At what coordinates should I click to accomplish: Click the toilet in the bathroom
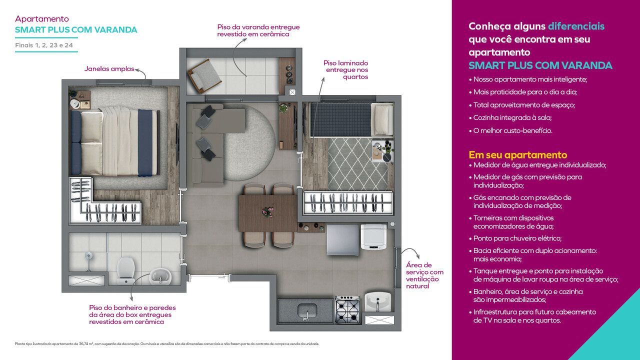pos(125,270)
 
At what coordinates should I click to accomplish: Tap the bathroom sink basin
pos(160,276)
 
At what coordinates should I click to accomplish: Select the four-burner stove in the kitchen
pos(347,309)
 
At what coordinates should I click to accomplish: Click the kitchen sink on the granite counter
pos(307,311)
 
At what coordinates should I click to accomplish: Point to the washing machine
pos(373,237)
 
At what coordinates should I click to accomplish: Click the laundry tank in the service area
pos(377,301)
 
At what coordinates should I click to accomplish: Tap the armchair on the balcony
pos(204,75)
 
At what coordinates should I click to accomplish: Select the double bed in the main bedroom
pos(115,141)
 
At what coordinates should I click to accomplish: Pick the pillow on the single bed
pos(383,119)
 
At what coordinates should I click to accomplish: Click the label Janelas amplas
pos(109,69)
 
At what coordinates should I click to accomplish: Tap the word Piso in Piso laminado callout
pos(329,63)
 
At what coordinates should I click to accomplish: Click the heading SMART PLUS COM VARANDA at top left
pos(76,29)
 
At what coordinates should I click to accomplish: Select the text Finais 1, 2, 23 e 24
pos(44,45)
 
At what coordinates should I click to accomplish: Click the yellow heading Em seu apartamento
pos(517,155)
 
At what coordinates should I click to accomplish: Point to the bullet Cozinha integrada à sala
pos(510,117)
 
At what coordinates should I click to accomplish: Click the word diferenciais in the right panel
pos(576,26)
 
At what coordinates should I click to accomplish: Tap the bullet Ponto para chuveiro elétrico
pos(515,238)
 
